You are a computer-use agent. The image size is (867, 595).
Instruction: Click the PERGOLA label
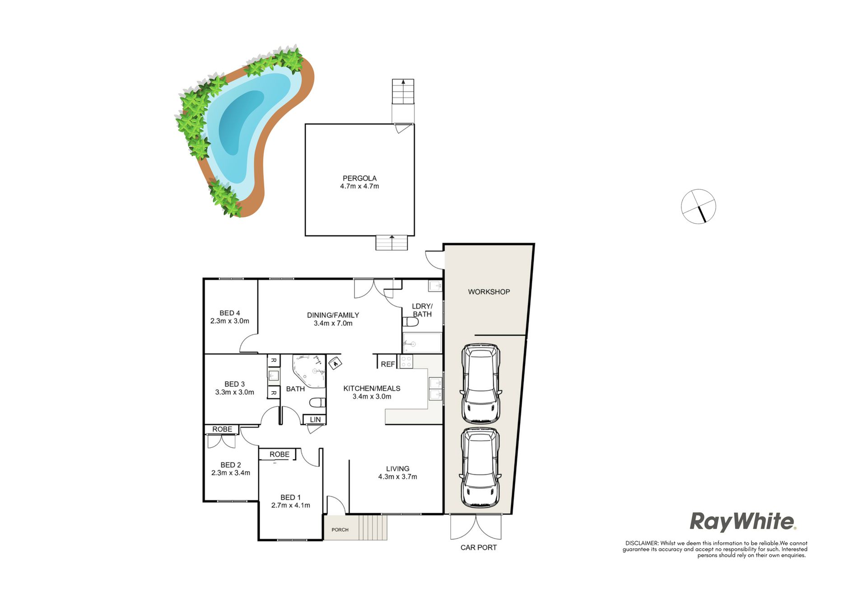point(359,178)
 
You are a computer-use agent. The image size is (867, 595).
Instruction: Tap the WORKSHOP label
point(489,292)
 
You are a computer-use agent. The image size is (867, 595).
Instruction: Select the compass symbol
point(699,206)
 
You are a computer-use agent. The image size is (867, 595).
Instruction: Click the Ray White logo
point(743,521)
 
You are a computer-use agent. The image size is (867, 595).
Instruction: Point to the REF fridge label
point(388,364)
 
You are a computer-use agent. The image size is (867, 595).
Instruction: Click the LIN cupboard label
point(315,420)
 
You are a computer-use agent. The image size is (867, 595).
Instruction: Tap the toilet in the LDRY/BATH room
point(410,322)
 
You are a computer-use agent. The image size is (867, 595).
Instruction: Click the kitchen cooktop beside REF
point(406,362)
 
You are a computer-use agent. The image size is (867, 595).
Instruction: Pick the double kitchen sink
point(435,389)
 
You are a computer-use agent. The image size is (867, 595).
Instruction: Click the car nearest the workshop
point(481,384)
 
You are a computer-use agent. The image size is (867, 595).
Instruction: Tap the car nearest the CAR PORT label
point(480,468)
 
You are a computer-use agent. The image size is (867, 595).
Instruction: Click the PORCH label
point(340,530)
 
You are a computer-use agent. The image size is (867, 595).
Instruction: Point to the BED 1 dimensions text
point(291,506)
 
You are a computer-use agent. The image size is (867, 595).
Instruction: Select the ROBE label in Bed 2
point(222,429)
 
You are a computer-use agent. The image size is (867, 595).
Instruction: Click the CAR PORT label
point(479,548)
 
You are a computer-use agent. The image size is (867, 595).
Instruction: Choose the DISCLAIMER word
point(642,543)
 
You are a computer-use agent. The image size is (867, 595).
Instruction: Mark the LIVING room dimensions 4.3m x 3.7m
point(398,477)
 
